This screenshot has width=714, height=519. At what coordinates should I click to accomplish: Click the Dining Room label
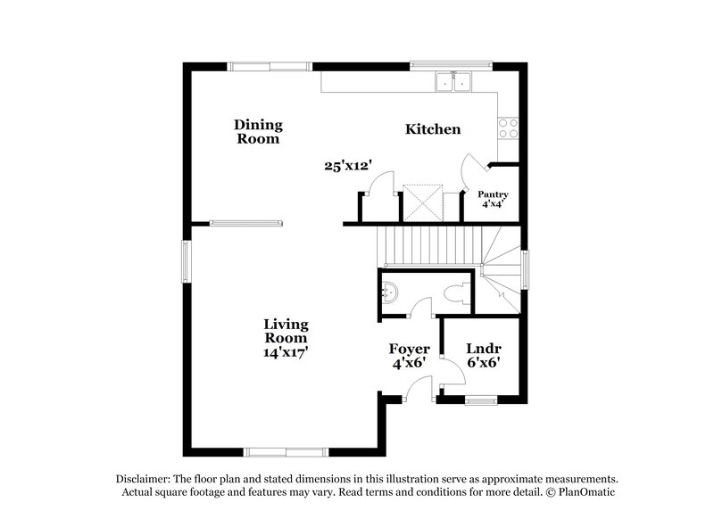point(257,132)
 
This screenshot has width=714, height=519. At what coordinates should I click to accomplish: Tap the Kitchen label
point(433,129)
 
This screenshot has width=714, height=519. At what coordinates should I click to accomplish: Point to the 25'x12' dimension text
point(347,165)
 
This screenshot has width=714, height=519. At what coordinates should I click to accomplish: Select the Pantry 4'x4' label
point(493,199)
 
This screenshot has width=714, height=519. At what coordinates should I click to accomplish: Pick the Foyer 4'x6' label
point(409,355)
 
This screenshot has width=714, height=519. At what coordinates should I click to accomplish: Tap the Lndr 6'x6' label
point(483,355)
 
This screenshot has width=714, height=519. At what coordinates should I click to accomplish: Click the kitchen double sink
point(453,82)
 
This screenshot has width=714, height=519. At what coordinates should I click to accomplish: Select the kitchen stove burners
point(509,128)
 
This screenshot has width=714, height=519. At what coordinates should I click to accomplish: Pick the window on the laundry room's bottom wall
point(480,400)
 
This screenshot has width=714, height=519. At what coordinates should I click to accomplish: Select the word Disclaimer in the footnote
point(144,478)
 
